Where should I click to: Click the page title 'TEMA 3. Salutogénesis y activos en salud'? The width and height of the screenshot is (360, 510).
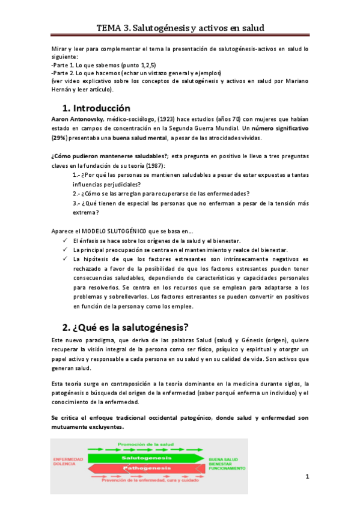click(x=180, y=28)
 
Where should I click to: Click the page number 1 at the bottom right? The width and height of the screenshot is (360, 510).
click(x=307, y=477)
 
